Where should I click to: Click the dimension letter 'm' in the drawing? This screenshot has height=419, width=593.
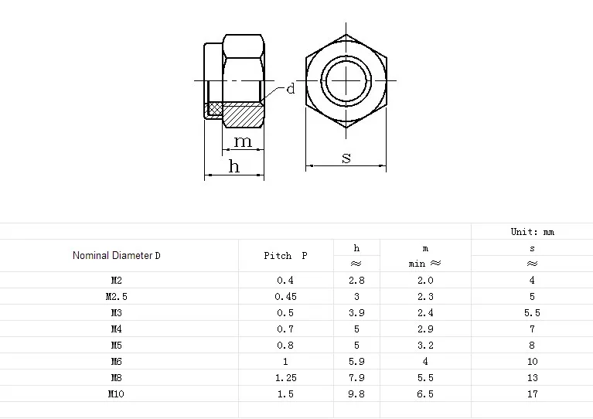243,141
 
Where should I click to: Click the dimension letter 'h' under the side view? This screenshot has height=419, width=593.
234,166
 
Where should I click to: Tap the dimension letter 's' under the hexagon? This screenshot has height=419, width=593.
346,158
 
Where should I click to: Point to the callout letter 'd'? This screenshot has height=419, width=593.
291,89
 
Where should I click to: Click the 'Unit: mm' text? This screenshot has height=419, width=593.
533,232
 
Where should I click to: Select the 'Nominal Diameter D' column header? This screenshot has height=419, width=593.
117,256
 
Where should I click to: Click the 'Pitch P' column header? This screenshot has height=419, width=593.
285,256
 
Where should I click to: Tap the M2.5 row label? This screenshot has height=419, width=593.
117,297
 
